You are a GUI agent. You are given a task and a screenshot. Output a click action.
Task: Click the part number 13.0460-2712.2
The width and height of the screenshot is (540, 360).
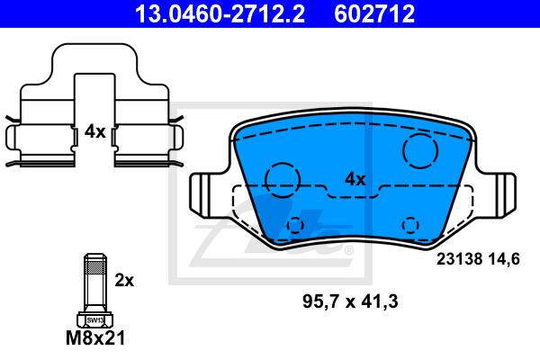point(220,13)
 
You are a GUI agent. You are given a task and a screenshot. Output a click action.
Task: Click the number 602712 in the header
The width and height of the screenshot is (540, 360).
point(374,13)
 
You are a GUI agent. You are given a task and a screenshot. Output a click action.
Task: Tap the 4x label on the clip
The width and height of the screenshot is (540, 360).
point(95,131)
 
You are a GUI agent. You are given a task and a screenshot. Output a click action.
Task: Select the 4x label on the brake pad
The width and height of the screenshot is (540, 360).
point(355,179)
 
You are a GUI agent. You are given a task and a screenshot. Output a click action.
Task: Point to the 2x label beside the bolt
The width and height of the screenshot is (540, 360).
point(124,281)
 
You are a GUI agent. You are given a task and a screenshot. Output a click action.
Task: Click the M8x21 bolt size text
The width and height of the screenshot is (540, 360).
point(95,338)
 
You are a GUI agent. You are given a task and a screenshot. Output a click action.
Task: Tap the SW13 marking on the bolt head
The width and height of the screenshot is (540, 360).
point(95,320)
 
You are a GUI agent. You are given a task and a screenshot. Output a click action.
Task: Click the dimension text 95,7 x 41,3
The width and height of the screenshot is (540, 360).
point(350,301)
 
